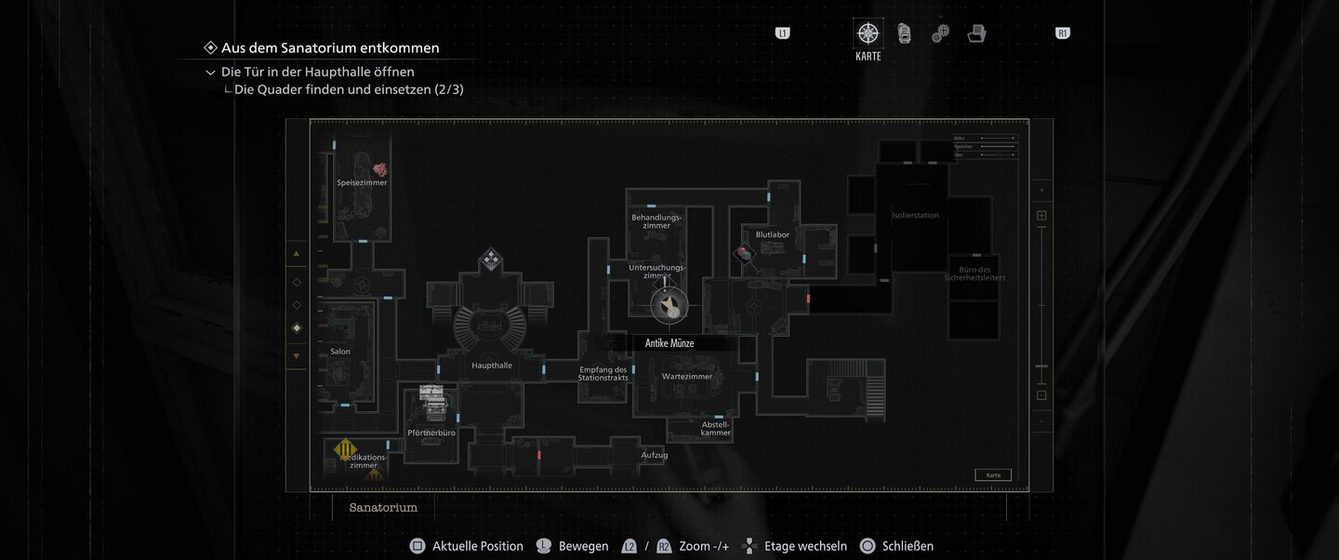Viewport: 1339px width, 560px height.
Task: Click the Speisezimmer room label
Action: click(362, 183)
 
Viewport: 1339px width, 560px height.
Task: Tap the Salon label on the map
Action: click(340, 352)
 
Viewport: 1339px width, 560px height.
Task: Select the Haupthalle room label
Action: click(492, 366)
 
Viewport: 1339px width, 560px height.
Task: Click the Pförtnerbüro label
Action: click(431, 433)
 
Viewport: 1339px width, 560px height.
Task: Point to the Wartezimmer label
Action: click(687, 377)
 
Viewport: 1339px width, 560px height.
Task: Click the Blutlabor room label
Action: click(772, 234)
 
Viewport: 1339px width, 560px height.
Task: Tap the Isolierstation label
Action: click(915, 216)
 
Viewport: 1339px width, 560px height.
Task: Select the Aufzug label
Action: click(655, 455)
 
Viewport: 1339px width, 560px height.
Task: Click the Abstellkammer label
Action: click(716, 429)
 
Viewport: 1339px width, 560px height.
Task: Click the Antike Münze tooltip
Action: click(670, 343)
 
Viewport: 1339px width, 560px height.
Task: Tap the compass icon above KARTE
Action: click(868, 34)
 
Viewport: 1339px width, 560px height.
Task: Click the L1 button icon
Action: click(782, 33)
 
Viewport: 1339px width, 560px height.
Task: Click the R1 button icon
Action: click(1063, 33)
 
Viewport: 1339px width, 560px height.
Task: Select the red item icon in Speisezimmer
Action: click(379, 170)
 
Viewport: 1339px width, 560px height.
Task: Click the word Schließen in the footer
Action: click(908, 546)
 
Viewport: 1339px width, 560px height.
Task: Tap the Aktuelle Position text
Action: click(477, 546)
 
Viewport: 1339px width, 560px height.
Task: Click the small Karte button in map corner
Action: click(993, 475)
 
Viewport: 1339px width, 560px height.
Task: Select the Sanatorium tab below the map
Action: click(383, 508)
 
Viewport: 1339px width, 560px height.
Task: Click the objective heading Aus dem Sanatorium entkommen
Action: click(330, 47)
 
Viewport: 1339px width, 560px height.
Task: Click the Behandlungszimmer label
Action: click(656, 221)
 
